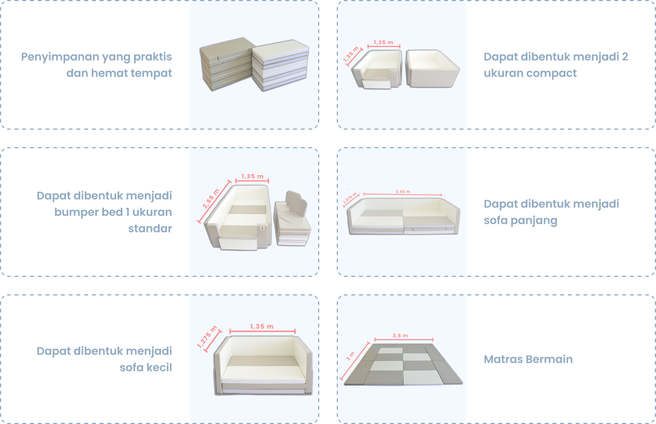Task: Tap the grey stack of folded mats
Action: click(x=226, y=64)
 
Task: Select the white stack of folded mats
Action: click(x=280, y=65)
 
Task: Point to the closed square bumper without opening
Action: click(x=432, y=68)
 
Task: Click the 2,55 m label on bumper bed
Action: click(x=211, y=199)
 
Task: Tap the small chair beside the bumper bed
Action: click(x=292, y=219)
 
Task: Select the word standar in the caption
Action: click(x=150, y=229)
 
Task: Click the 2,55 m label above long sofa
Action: click(x=403, y=191)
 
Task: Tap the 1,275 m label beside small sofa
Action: click(x=207, y=336)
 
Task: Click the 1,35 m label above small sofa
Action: click(x=262, y=327)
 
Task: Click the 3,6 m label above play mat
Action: click(x=400, y=335)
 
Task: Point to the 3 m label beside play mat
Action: click(x=350, y=356)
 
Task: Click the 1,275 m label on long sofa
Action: click(x=350, y=198)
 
